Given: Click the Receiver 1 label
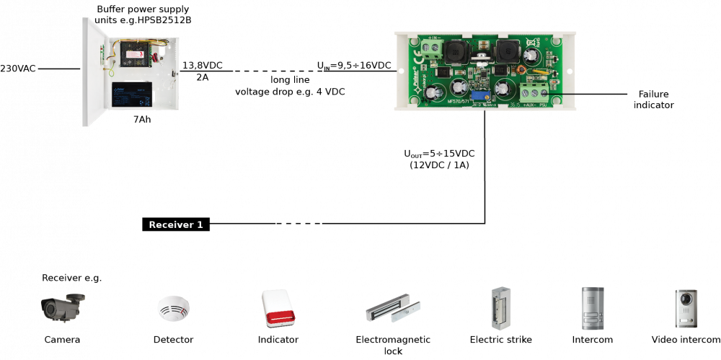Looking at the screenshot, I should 176,225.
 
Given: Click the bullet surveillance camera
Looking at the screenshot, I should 62,307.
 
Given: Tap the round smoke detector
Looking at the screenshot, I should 173,308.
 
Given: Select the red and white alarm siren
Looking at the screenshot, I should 278,309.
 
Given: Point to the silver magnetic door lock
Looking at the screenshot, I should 392,309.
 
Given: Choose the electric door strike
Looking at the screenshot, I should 497,309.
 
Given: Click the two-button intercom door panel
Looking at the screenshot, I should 592,308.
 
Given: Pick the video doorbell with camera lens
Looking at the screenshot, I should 686,308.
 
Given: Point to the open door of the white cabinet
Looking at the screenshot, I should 94,72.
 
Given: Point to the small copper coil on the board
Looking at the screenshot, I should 518,70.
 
